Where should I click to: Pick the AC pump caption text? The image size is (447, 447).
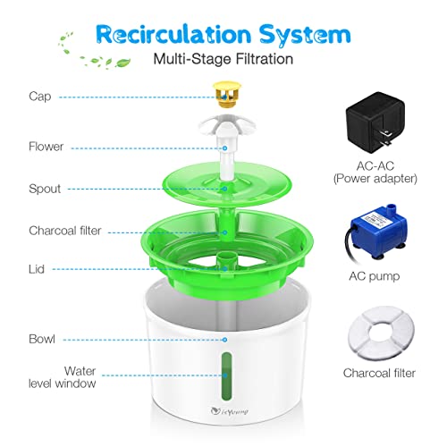(x=374, y=277)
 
